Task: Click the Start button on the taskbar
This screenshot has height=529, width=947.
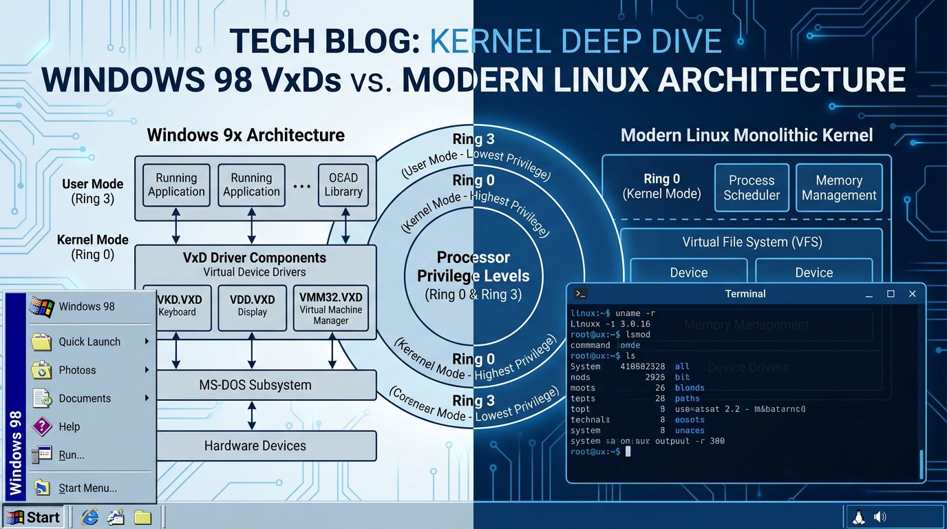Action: [32, 517]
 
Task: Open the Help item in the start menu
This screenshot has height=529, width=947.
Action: [69, 426]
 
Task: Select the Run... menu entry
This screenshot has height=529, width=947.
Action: [71, 455]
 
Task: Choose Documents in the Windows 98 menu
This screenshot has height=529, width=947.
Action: [84, 398]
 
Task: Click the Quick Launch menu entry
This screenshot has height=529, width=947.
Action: [89, 342]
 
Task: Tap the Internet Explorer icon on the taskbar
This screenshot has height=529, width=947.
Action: [89, 517]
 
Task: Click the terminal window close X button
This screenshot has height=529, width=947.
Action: [913, 294]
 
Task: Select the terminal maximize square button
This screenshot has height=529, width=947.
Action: [891, 294]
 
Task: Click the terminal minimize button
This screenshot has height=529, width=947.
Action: [869, 294]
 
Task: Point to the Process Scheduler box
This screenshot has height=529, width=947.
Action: [751, 187]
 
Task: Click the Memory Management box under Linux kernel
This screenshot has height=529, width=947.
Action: [839, 187]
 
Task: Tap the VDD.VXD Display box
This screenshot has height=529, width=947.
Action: [252, 307]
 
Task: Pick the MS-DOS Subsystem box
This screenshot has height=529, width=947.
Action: [255, 385]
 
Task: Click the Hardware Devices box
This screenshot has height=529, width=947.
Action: [255, 446]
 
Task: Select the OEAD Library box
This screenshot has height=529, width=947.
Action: [343, 185]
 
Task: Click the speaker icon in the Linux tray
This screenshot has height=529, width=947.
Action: [880, 517]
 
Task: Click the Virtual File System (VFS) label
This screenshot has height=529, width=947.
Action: [752, 242]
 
